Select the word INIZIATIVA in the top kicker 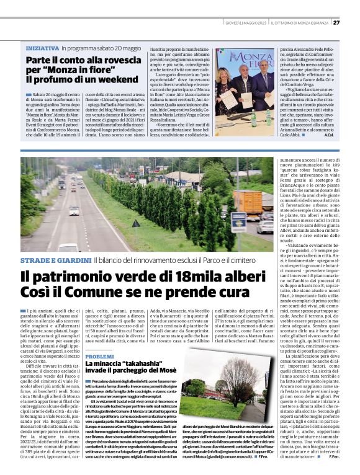[43, 48]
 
